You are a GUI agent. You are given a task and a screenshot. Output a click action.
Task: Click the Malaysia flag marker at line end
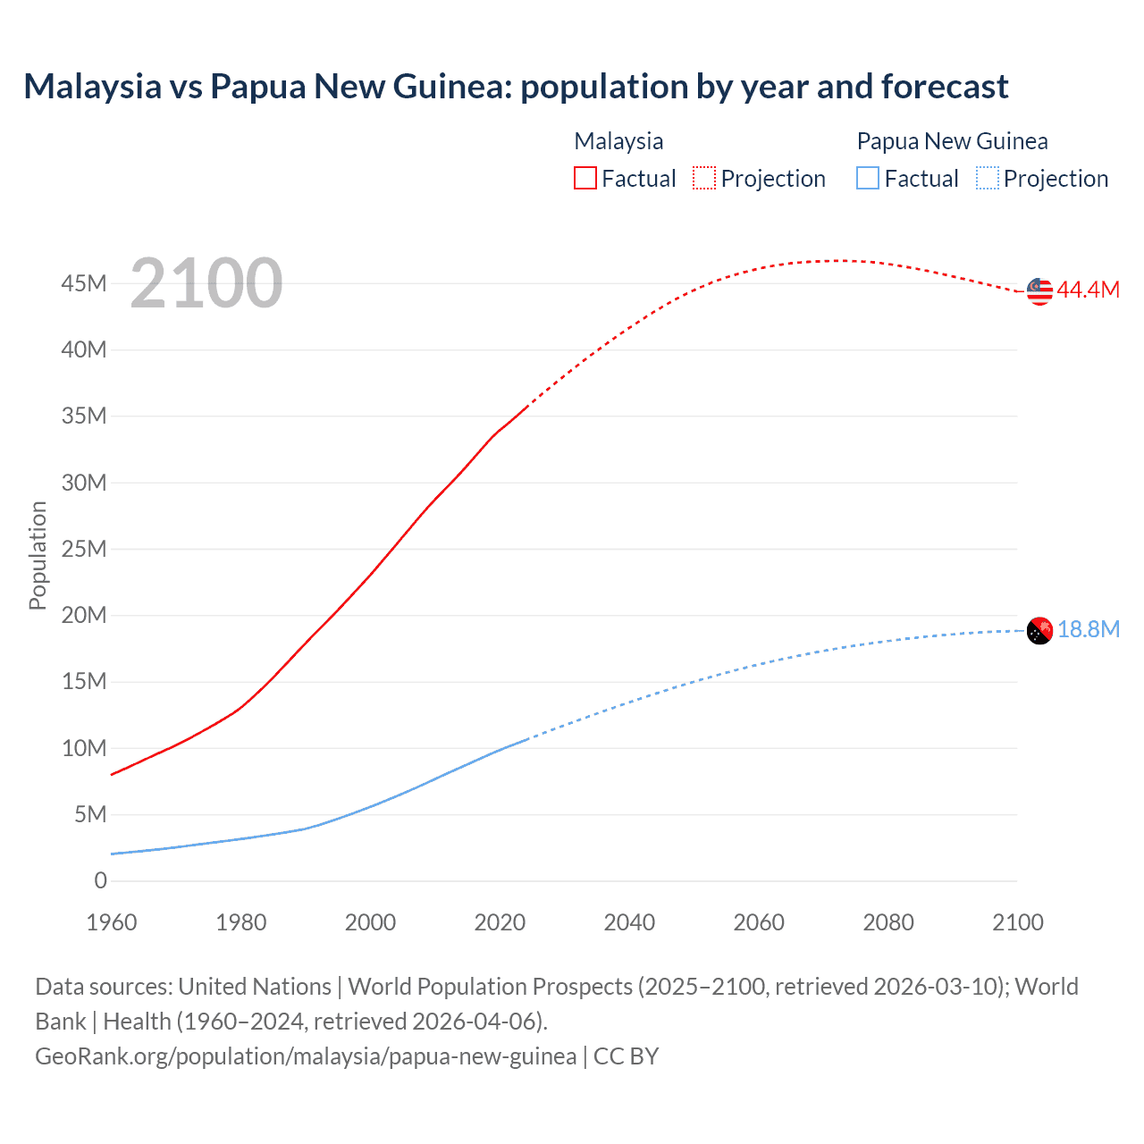(x=1039, y=290)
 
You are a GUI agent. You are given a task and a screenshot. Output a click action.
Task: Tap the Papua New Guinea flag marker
(x=1039, y=631)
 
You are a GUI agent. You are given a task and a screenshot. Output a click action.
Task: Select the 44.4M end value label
(x=1088, y=290)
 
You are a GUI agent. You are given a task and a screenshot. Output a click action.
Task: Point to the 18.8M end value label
(x=1089, y=629)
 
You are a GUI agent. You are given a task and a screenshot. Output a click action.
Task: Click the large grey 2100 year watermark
(x=206, y=283)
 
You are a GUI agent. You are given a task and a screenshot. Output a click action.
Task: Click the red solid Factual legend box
(x=585, y=178)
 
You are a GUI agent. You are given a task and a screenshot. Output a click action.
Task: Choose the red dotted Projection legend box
(x=704, y=178)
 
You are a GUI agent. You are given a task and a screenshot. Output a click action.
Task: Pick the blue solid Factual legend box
(x=867, y=178)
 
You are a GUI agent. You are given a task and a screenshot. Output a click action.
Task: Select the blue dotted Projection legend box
(x=987, y=178)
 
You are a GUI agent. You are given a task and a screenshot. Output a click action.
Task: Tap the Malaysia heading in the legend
(x=618, y=141)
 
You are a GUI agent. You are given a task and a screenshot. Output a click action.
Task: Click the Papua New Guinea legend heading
(x=952, y=141)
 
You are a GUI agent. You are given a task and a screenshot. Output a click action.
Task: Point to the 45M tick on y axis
(x=84, y=283)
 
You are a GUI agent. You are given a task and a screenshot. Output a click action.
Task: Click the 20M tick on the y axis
(x=84, y=615)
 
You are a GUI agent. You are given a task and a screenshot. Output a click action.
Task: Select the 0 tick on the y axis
(x=100, y=880)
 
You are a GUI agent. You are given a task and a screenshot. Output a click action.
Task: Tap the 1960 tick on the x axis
(x=112, y=922)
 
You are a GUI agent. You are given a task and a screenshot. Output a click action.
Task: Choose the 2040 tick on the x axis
(x=629, y=922)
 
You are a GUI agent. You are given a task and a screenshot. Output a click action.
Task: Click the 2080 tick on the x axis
(x=888, y=922)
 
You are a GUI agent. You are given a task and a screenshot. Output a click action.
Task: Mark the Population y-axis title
(x=38, y=555)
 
